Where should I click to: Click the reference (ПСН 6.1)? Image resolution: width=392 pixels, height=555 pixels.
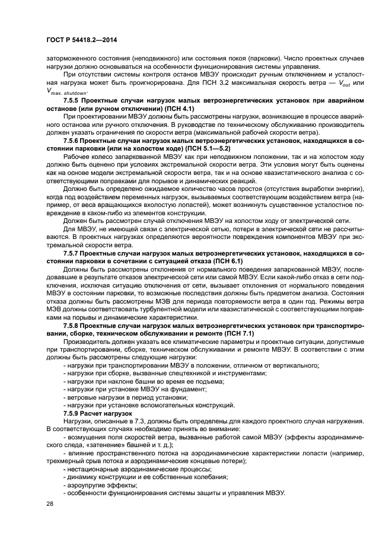pos(223,261)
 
